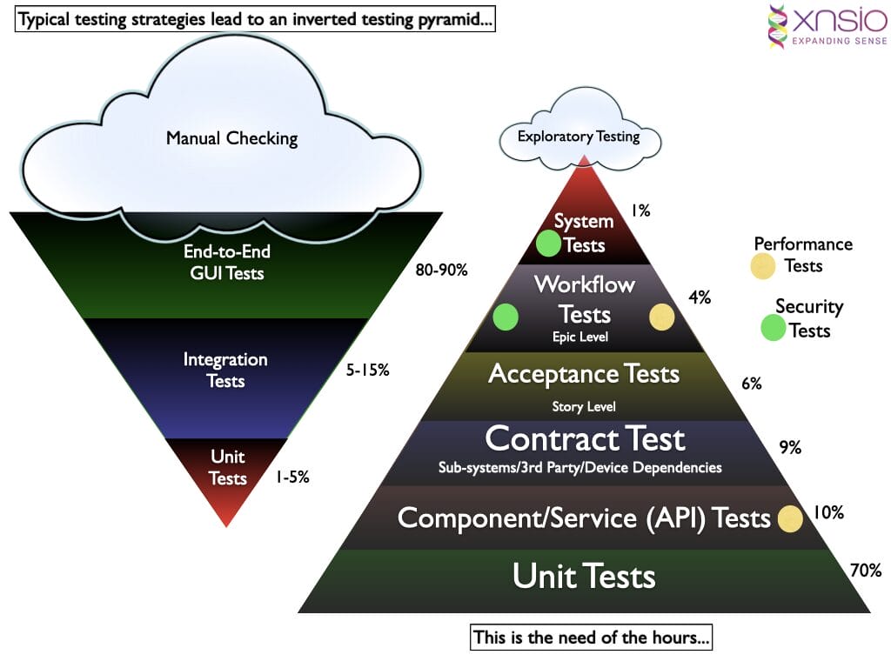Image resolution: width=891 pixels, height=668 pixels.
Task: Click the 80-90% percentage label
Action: click(442, 270)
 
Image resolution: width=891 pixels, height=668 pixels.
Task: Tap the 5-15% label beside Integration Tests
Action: click(367, 370)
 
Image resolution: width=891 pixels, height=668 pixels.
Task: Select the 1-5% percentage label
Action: click(292, 477)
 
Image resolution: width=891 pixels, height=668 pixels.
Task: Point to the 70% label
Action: click(865, 571)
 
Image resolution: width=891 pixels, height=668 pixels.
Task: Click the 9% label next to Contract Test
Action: click(790, 448)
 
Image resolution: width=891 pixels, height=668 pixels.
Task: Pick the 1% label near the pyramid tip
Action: click(641, 210)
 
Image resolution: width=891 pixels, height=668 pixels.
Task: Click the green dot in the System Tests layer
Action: click(548, 244)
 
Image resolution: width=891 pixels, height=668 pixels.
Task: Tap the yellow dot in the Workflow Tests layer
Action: click(661, 317)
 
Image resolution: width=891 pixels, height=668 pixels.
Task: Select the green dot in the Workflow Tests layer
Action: click(506, 317)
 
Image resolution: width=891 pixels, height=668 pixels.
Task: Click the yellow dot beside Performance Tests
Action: click(763, 266)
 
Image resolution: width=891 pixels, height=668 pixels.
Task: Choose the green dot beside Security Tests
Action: click(773, 328)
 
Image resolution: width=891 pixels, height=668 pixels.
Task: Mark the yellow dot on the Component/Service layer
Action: click(790, 518)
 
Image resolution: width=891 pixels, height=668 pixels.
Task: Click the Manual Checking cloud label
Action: click(231, 137)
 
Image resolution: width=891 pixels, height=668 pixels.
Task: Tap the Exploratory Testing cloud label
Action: click(579, 136)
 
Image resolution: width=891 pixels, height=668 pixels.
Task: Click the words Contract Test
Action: click(585, 439)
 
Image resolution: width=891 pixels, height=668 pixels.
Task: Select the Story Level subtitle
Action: click(584, 406)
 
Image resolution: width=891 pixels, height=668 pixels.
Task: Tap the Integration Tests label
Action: click(225, 370)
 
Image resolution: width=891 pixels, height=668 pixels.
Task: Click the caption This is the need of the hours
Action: click(591, 638)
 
